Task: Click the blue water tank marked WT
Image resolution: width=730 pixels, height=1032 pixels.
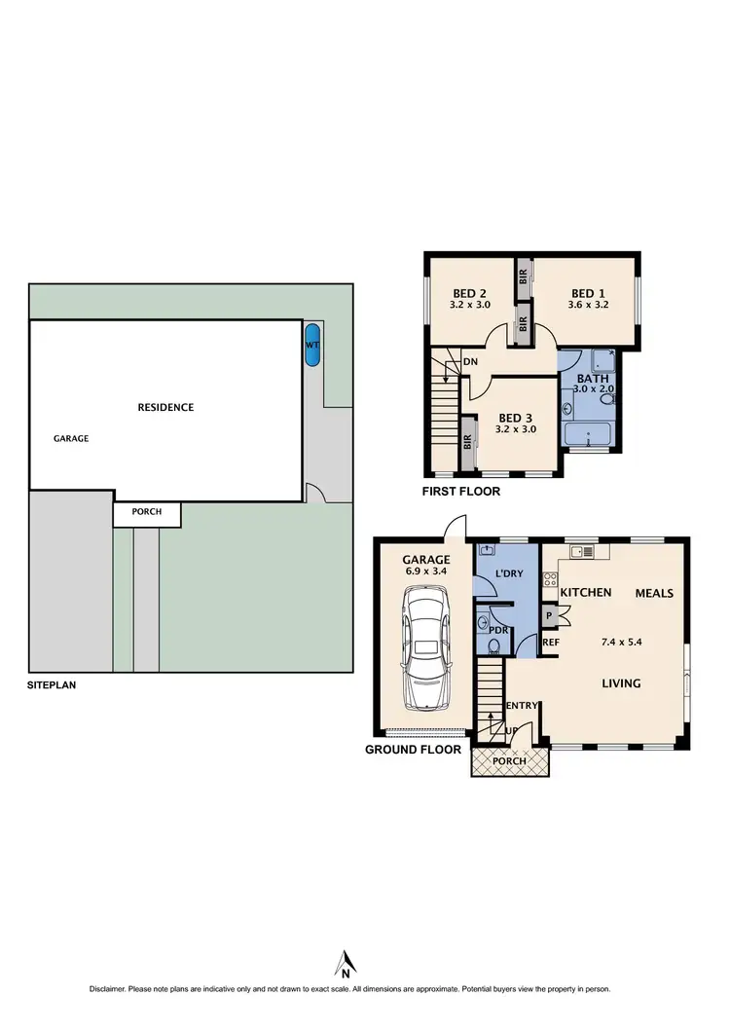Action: tap(312, 346)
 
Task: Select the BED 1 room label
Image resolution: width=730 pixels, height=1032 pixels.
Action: tap(588, 293)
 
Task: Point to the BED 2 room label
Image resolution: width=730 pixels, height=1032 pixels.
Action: tap(469, 293)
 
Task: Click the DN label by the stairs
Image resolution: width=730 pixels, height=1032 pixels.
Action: tap(470, 362)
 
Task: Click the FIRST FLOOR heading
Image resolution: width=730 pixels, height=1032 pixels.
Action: tap(460, 492)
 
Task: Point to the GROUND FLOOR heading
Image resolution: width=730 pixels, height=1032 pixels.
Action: tap(413, 750)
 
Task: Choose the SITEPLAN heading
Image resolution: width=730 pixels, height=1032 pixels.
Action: tap(52, 684)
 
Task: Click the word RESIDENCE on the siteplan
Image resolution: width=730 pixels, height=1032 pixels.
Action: tap(165, 407)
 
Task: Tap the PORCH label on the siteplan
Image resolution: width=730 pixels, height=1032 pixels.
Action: tap(146, 512)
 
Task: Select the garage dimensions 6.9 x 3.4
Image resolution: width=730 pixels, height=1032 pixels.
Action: tap(426, 572)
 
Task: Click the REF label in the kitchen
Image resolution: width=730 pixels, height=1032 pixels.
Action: tap(551, 644)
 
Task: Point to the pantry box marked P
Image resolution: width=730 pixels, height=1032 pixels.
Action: tap(549, 616)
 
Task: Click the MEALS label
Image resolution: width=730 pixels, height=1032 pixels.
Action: tap(654, 593)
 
